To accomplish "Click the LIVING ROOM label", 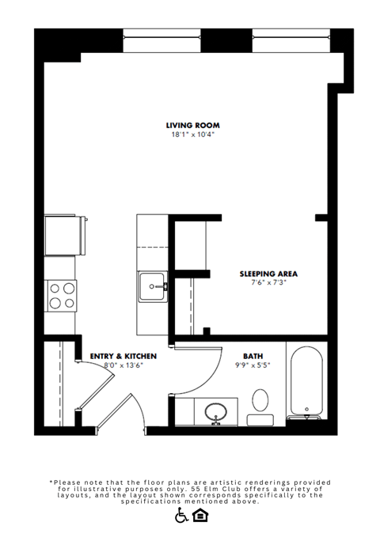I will click(x=192, y=125).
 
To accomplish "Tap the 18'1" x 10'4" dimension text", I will click(x=192, y=134).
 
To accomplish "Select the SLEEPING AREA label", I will click(x=268, y=274).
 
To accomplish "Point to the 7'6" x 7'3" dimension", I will click(x=268, y=282).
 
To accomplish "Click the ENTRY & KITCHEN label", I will click(x=123, y=357).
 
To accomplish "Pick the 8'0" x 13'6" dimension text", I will click(x=123, y=365).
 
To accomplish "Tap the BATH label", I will click(x=253, y=357).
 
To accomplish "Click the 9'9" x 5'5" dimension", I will click(x=253, y=365).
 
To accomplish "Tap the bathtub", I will click(x=305, y=381).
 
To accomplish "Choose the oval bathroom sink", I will click(x=216, y=411).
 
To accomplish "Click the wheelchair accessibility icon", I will click(x=181, y=516).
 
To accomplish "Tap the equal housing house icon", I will click(x=200, y=516).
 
